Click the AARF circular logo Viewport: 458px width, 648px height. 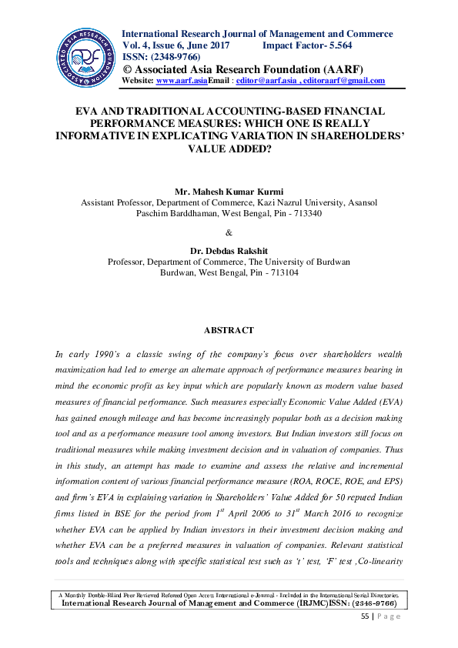(x=85, y=58)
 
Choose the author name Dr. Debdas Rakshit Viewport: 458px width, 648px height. (x=229, y=250)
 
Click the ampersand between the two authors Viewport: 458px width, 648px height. (x=229, y=232)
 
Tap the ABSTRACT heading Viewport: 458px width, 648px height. (x=229, y=330)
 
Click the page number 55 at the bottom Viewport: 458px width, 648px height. (x=366, y=616)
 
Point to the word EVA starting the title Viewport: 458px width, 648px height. (x=88, y=112)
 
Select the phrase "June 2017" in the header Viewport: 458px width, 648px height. (x=209, y=45)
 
